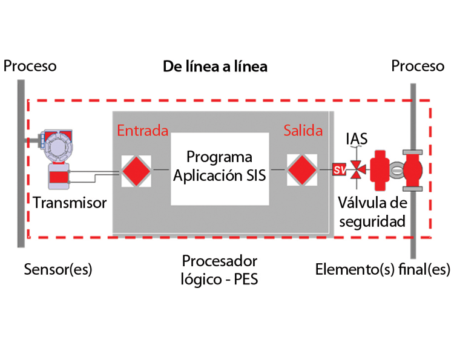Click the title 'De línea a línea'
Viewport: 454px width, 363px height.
[x=215, y=66]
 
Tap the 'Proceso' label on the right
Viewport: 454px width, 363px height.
[x=418, y=65]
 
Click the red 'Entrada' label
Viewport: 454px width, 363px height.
[x=142, y=131]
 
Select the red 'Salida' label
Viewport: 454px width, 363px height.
[x=304, y=131]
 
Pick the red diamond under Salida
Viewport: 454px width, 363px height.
[x=301, y=171]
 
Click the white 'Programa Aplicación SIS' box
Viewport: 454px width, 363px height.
[x=220, y=168]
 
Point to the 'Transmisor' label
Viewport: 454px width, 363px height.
[x=70, y=203]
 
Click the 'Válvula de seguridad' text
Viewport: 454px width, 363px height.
[x=372, y=211]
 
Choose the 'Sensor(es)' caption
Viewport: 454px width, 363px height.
[x=58, y=269]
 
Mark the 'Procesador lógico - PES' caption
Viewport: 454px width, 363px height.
[x=220, y=270]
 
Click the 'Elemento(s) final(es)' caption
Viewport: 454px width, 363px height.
[x=383, y=269]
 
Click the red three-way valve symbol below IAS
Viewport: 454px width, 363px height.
[x=358, y=170]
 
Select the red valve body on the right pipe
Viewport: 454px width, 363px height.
[x=413, y=170]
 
